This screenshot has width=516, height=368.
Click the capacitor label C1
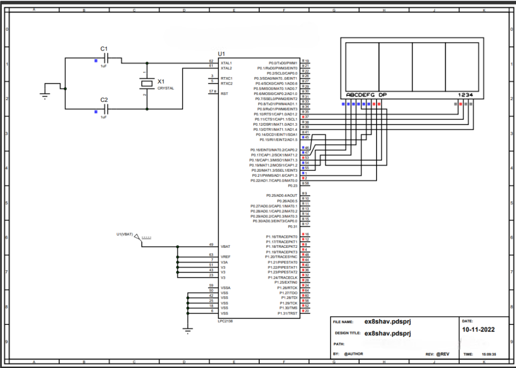pos(104,49)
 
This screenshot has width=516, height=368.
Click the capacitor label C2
pos(104,100)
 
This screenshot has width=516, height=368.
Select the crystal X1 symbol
pos(147,83)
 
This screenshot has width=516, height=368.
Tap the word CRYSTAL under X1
pos(166,88)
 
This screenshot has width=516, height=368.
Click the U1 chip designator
pos(222,55)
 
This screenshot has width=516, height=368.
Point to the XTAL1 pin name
pos(226,62)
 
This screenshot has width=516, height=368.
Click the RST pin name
pos(224,94)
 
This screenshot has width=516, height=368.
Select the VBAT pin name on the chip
pos(226,246)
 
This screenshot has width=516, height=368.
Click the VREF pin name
pos(226,257)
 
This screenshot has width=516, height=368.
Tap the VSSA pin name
pos(226,288)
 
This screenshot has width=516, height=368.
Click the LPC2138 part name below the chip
pos(226,322)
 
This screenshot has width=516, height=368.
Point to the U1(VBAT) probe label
pos(124,234)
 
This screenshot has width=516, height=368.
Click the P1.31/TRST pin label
pos(287,313)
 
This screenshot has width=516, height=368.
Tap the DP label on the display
pos(383,95)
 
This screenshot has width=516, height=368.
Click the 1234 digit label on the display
pos(465,95)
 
